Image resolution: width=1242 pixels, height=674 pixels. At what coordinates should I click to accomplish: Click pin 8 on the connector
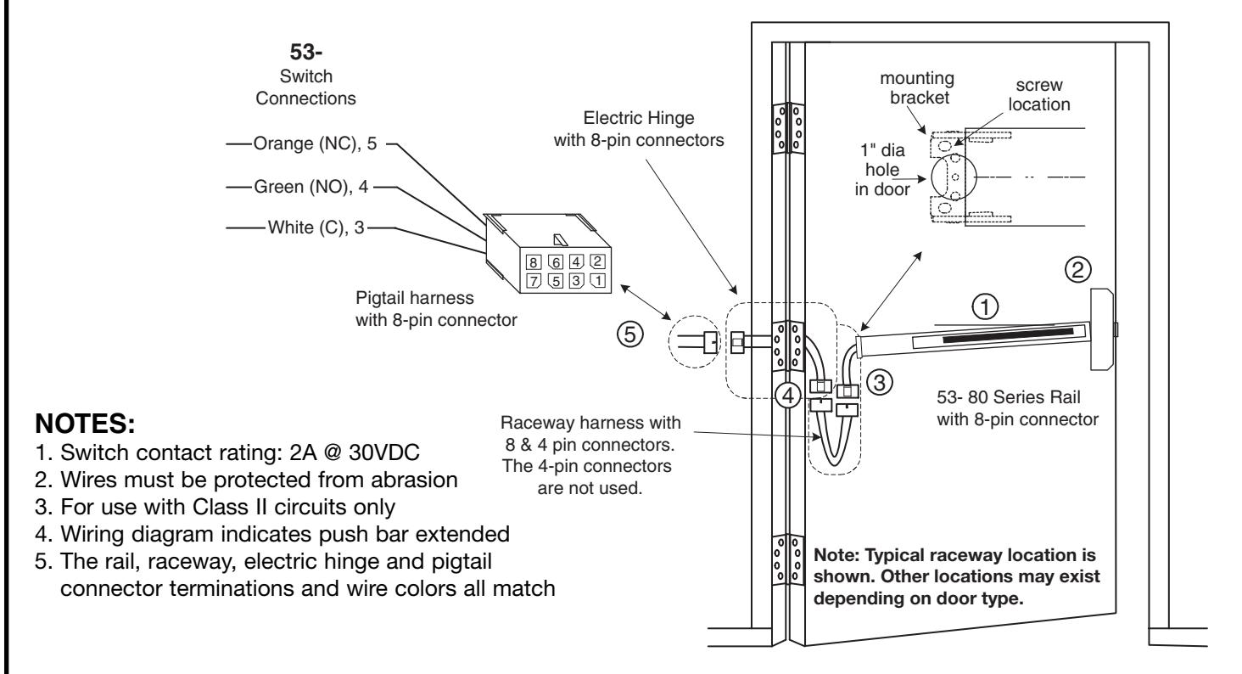[533, 262]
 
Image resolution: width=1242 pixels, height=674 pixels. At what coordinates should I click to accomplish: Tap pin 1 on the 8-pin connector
[597, 280]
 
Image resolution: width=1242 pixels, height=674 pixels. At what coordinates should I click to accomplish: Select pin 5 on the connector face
[555, 281]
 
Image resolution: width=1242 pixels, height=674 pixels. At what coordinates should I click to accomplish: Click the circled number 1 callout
[985, 306]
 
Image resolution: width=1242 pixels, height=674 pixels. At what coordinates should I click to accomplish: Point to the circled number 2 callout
[1078, 270]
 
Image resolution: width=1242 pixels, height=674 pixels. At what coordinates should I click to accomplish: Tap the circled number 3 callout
[879, 382]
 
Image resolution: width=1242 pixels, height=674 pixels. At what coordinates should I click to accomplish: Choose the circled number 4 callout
[788, 396]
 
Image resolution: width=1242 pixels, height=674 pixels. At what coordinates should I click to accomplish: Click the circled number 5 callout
[629, 334]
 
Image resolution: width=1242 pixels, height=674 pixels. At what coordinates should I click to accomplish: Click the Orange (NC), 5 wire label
[315, 143]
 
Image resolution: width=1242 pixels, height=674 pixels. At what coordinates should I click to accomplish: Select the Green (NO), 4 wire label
[311, 187]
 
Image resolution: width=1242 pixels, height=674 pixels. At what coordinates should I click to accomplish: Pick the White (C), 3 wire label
[316, 227]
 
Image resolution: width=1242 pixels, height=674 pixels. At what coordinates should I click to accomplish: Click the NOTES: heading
[85, 424]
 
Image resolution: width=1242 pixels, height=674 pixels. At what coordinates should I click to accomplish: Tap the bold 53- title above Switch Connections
[306, 52]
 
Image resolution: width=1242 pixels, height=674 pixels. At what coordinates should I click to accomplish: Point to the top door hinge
[788, 128]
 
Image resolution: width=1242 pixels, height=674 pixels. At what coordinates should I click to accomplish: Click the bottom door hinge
[788, 559]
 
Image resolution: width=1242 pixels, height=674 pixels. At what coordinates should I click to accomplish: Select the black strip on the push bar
[1008, 335]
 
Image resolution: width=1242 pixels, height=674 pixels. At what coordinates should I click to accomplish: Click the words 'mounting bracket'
[918, 87]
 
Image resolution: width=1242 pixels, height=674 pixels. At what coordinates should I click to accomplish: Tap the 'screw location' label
[1038, 94]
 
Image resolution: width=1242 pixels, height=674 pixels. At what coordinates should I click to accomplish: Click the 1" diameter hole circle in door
[931, 177]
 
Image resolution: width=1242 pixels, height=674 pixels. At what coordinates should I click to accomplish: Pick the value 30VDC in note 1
[383, 452]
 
